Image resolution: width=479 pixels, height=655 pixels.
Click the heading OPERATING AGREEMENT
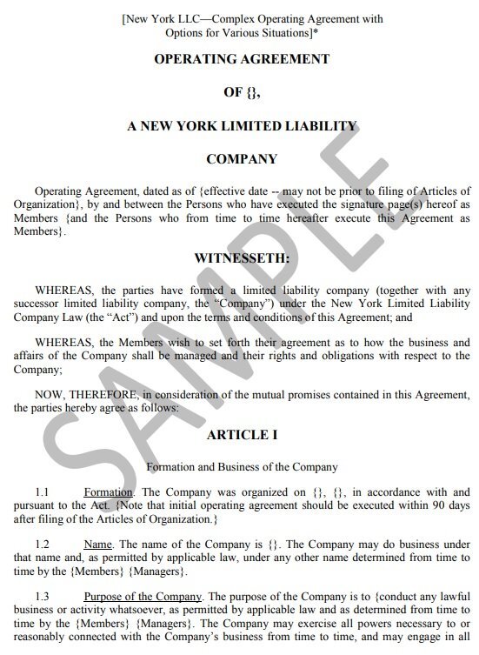point(242,59)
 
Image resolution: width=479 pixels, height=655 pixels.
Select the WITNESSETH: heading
point(242,259)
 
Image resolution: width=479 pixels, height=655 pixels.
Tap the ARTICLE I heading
point(242,434)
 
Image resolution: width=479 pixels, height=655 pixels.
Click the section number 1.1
point(41,492)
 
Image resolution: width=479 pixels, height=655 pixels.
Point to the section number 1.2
point(41,545)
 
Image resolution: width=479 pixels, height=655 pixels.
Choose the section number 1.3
point(41,596)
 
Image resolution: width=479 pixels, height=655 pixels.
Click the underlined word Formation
point(108,492)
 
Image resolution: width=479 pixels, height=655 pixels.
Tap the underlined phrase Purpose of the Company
point(143,596)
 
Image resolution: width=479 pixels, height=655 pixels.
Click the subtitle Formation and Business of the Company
point(242,466)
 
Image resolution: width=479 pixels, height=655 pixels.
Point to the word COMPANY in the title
point(242,159)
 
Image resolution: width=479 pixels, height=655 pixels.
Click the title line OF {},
point(242,92)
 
